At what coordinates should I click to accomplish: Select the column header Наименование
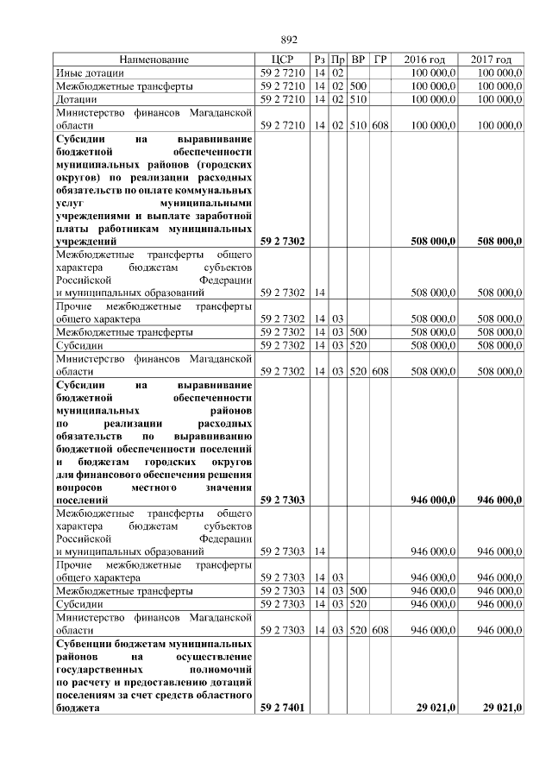(154, 60)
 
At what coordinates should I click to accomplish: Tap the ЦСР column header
(282, 60)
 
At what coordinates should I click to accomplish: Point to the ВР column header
(359, 60)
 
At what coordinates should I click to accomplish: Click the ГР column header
(380, 60)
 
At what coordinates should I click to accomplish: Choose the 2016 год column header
(425, 60)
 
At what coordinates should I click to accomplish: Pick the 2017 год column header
(492, 60)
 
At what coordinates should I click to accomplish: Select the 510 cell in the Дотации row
(359, 99)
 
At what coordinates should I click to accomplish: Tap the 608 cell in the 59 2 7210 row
(380, 126)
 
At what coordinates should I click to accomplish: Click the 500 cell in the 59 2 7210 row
(359, 86)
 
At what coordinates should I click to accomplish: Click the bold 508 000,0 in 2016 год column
(433, 242)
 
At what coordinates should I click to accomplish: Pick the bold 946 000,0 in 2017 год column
(499, 500)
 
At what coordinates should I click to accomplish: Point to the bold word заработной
(223, 216)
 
